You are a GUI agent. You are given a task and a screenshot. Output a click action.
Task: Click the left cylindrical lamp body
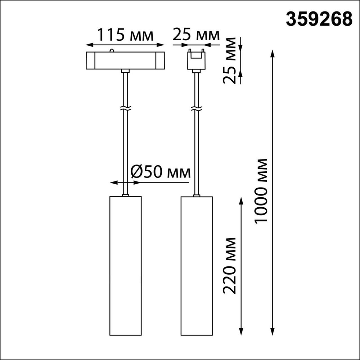tap(125, 266)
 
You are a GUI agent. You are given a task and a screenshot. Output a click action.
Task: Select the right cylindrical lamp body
tap(197, 266)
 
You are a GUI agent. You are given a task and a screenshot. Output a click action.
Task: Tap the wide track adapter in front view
tap(125, 60)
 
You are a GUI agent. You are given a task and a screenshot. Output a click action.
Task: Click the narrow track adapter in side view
tap(196, 59)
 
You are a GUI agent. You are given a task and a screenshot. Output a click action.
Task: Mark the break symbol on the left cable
tap(125, 108)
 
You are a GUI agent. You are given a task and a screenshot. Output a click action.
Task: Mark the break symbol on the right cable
tap(197, 108)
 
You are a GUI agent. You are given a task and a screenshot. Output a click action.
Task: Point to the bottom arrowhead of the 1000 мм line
tap(273, 333)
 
